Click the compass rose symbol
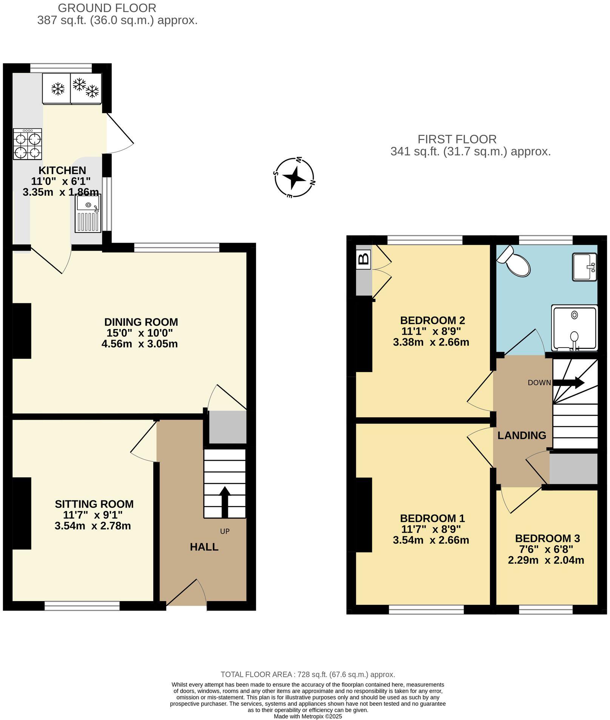pyautogui.click(x=294, y=178)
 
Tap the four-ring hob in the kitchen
pyautogui.click(x=28, y=144)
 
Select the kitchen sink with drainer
pyautogui.click(x=88, y=213)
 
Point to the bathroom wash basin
pyautogui.click(x=584, y=267)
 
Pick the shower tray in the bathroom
pyautogui.click(x=574, y=328)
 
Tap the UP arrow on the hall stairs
pyautogui.click(x=225, y=502)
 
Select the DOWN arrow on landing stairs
pyautogui.click(x=569, y=383)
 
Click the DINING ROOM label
pyautogui.click(x=141, y=322)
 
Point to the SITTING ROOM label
pyautogui.click(x=94, y=504)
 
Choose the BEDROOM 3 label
pyautogui.click(x=547, y=538)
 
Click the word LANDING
pyautogui.click(x=521, y=435)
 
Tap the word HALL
pyautogui.click(x=204, y=547)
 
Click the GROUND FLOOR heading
pyautogui.click(x=107, y=8)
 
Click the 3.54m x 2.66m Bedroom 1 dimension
pyautogui.click(x=431, y=540)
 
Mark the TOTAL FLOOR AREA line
pyautogui.click(x=307, y=674)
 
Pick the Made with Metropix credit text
pyautogui.click(x=308, y=716)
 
